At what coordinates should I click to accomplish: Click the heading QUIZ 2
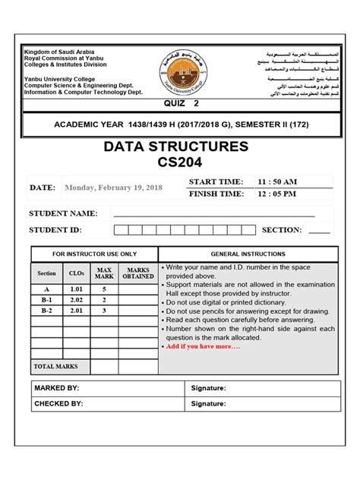[180, 103]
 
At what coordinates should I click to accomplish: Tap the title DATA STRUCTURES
[180, 147]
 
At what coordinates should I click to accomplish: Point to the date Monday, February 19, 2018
[113, 188]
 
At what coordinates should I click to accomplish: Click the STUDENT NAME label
[63, 213]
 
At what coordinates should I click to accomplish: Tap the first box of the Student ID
[133, 230]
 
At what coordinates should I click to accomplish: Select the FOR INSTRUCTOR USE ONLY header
[94, 254]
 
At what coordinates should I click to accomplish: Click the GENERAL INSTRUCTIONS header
[248, 254]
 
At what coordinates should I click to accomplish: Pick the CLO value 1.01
[76, 289]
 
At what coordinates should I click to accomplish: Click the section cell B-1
[46, 300]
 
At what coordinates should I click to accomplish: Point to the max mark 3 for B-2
[105, 311]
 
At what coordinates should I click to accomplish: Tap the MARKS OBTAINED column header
[138, 273]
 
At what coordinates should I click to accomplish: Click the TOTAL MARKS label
[55, 366]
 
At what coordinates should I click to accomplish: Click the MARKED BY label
[57, 388]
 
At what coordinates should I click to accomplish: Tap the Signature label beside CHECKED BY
[209, 404]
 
